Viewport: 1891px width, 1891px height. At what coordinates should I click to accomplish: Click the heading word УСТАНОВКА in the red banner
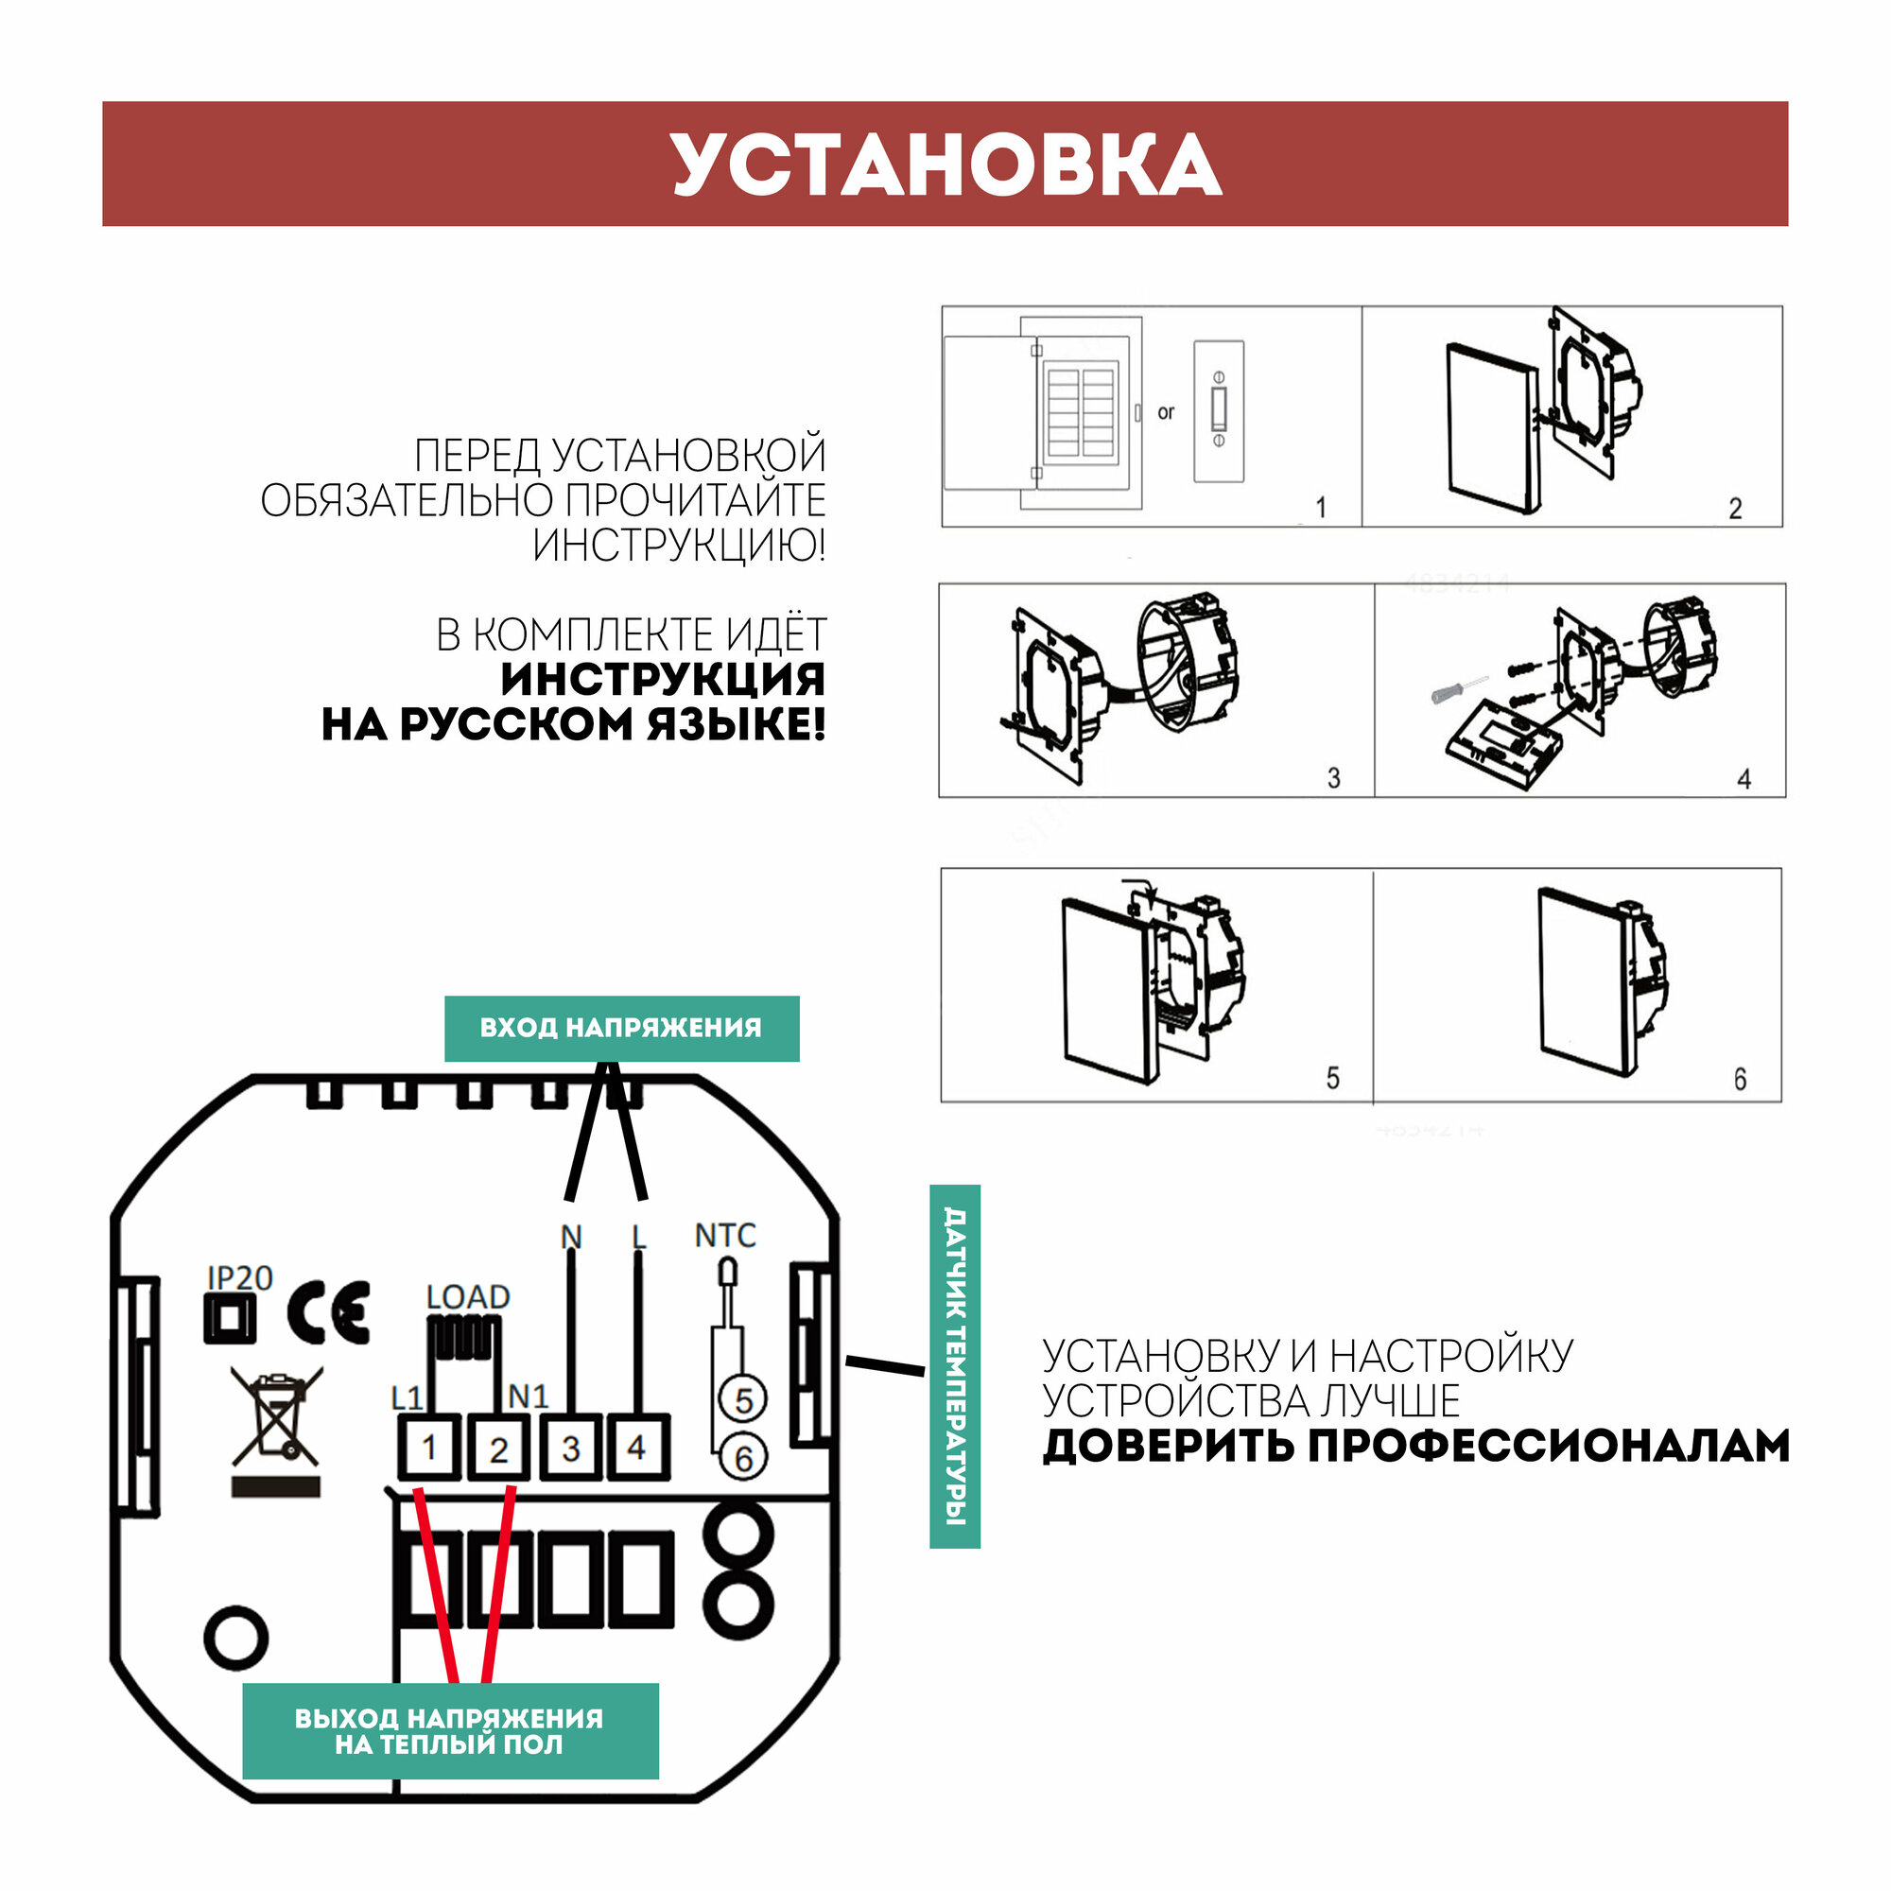tap(945, 165)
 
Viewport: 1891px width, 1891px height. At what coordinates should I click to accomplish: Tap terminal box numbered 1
tap(428, 1447)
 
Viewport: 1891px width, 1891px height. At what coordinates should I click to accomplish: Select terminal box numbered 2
tap(498, 1448)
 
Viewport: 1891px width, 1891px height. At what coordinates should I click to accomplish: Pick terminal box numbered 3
tap(571, 1447)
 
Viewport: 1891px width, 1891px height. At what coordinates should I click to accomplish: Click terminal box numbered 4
tap(637, 1446)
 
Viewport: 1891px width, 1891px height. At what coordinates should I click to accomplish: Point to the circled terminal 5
tap(743, 1399)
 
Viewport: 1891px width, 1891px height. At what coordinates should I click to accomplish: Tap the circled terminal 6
tap(743, 1458)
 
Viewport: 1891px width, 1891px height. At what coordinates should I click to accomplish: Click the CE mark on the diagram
tap(329, 1311)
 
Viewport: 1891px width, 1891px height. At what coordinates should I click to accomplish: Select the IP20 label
tap(240, 1277)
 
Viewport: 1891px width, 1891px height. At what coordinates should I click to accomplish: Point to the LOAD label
tap(468, 1297)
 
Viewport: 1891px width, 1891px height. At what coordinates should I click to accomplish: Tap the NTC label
tap(725, 1235)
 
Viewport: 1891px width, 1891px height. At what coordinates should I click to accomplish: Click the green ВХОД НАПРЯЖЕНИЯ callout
tap(621, 1028)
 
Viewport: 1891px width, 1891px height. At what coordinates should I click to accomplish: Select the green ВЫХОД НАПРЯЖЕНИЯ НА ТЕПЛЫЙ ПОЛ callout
tap(449, 1731)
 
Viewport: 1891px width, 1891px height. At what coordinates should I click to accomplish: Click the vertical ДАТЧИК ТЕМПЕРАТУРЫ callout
tap(954, 1366)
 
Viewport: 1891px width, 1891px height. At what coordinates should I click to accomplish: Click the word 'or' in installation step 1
tap(1165, 412)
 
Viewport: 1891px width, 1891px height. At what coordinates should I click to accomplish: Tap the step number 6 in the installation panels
tap(1740, 1079)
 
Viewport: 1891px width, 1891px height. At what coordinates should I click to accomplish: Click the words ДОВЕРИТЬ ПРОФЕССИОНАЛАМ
tap(1415, 1446)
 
